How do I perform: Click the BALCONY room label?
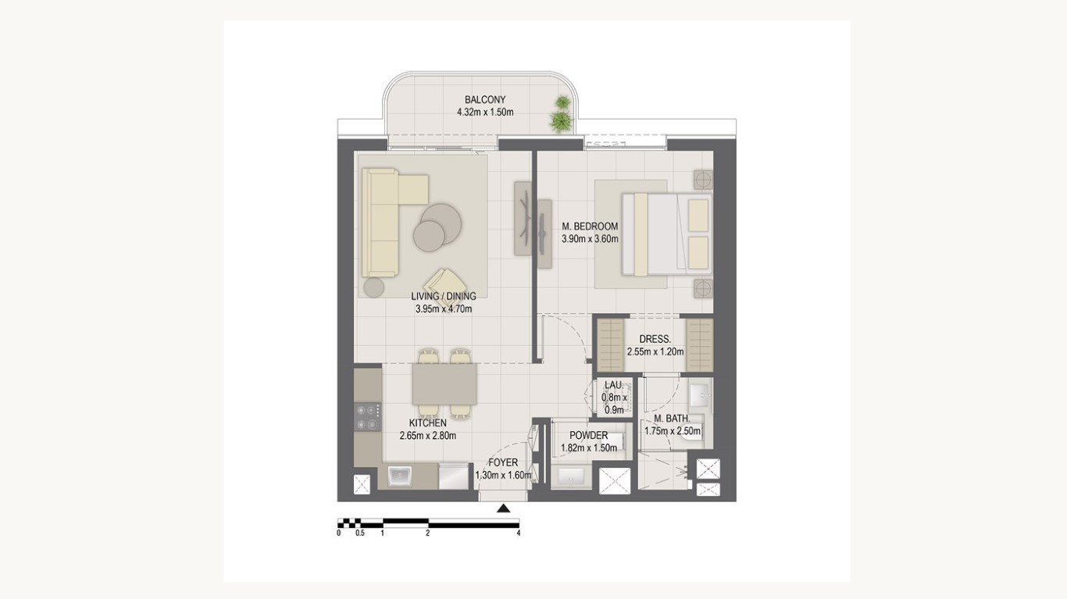coord(485,100)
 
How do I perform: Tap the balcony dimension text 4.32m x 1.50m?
coord(485,112)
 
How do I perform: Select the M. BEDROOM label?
coord(590,226)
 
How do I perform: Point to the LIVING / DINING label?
coord(444,296)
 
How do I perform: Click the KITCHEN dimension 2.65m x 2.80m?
coord(428,436)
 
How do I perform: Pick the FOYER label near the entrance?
coord(503,463)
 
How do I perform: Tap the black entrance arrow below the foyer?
coord(504,508)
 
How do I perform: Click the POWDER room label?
coord(589,436)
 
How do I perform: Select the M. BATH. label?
coord(672,419)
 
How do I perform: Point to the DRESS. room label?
coord(655,340)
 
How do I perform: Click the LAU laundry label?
coord(613,385)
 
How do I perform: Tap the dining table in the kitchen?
coord(444,383)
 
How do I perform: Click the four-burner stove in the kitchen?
coord(367,417)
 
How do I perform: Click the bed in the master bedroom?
coord(667,234)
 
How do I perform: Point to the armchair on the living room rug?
coord(443,284)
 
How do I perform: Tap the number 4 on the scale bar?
coord(519,533)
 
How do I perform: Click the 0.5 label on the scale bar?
coord(359,533)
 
